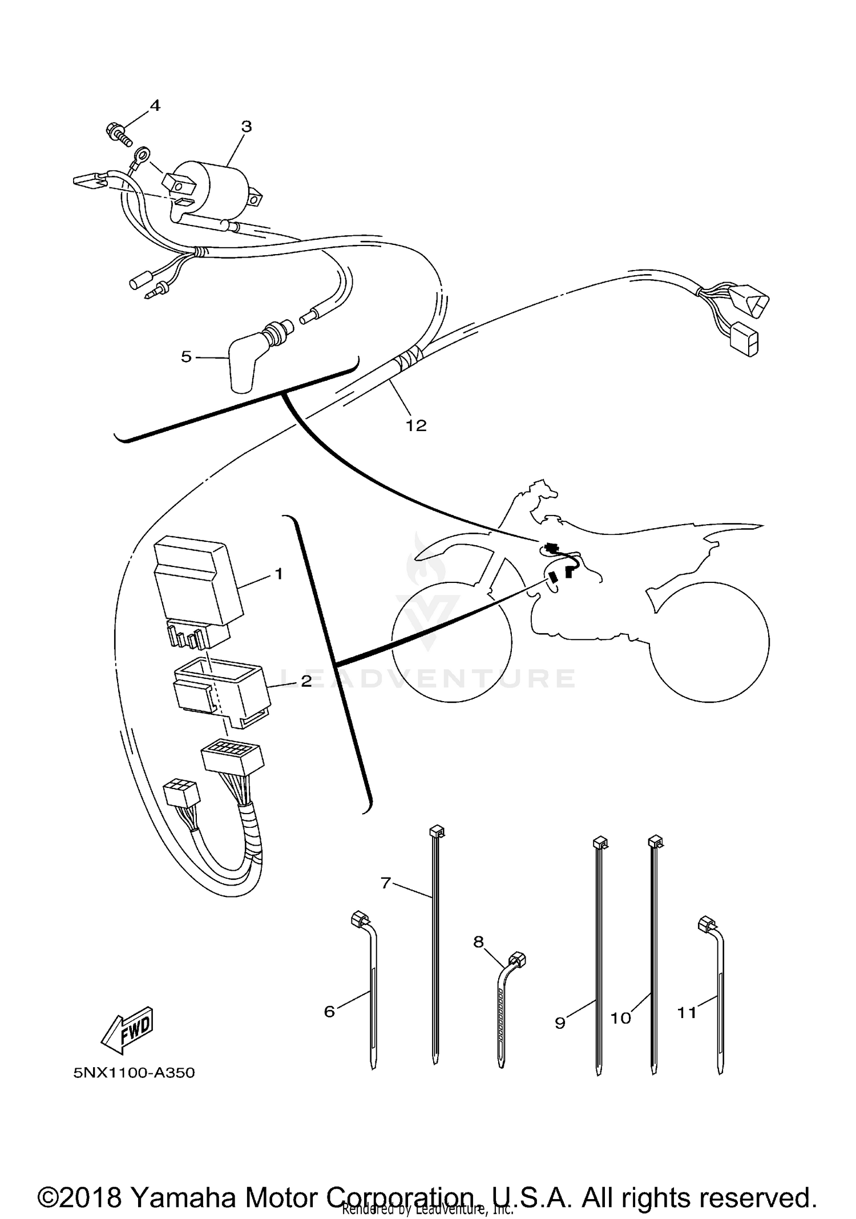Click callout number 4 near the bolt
(x=155, y=106)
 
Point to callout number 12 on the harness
(x=416, y=425)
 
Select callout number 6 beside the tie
(x=329, y=1011)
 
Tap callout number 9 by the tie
(x=560, y=1023)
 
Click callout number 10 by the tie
(x=620, y=1018)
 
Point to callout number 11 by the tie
(x=687, y=1012)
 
